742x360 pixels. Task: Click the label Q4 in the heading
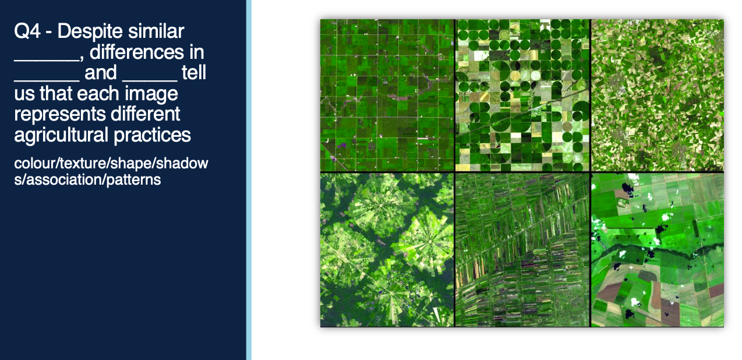tap(27, 31)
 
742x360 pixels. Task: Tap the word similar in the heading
tap(156, 31)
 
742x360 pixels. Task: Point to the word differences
tap(147, 52)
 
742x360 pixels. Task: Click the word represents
tap(59, 115)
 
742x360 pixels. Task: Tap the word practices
tap(152, 135)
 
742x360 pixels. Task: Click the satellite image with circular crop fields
tap(522, 95)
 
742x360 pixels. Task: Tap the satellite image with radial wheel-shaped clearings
tap(387, 250)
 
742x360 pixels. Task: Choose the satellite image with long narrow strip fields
tap(522, 250)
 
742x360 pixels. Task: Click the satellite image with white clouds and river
tap(658, 250)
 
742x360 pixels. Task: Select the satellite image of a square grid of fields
tap(387, 95)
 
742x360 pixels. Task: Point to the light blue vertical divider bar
tap(249, 180)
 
